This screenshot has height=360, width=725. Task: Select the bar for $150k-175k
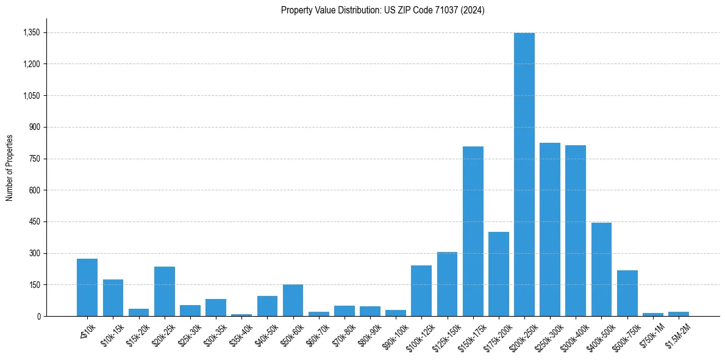[x=473, y=231]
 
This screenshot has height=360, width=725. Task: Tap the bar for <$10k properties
[x=87, y=287]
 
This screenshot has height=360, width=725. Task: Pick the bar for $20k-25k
[x=164, y=291]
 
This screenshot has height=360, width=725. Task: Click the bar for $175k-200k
[x=498, y=274]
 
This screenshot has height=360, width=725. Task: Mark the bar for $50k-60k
[x=293, y=300]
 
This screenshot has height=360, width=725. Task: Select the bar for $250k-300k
[x=549, y=229]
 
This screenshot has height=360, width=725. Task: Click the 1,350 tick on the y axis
[x=31, y=32]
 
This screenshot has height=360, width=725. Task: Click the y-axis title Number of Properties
[x=9, y=167]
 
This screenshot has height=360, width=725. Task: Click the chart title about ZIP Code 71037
[x=382, y=10]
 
